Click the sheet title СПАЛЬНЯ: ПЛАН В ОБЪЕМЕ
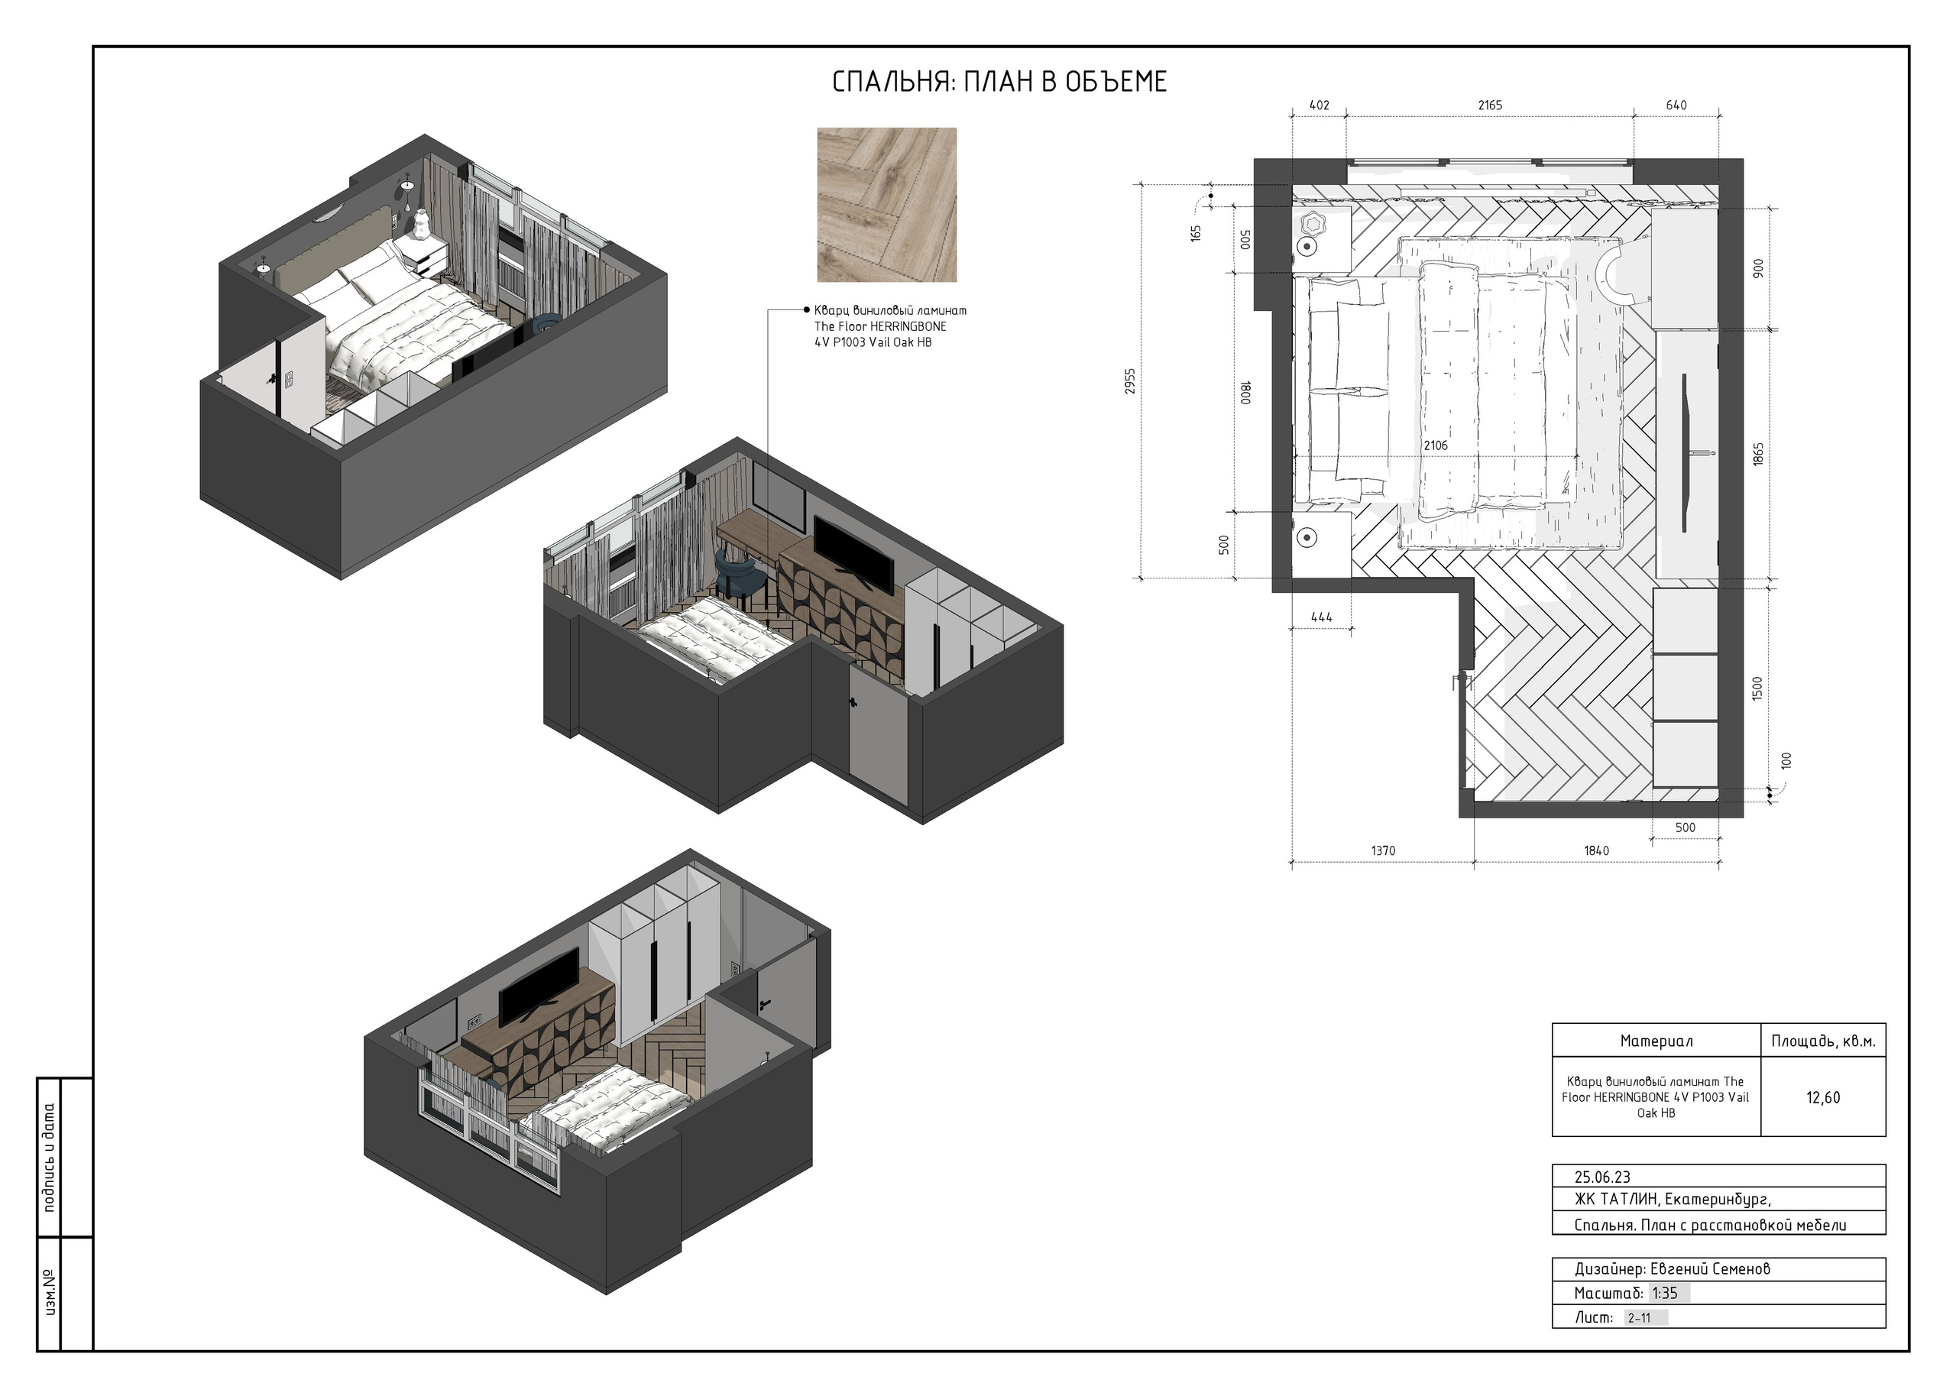coord(999,82)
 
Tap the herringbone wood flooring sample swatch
coord(887,205)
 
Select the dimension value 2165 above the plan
coord(1490,105)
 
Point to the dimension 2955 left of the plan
coord(1129,382)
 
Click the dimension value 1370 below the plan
coord(1384,850)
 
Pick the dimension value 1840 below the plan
coord(1596,850)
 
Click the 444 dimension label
coord(1321,617)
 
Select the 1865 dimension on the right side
coord(1758,453)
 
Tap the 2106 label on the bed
coord(1436,445)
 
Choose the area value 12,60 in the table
coord(1823,1097)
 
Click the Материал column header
coord(1656,1041)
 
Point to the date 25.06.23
coord(1602,1177)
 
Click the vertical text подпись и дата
coord(49,1157)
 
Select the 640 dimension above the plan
coord(1676,105)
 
